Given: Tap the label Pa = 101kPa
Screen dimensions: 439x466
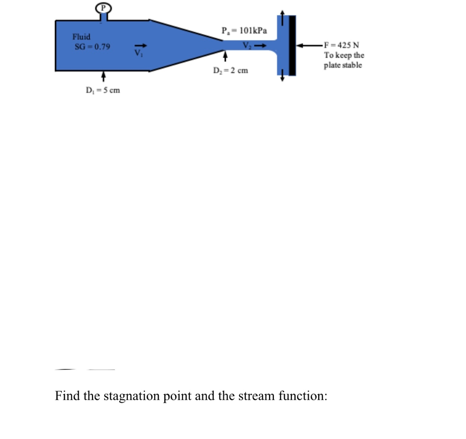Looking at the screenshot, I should [x=244, y=31].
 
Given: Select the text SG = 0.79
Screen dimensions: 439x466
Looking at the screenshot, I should [x=92, y=46].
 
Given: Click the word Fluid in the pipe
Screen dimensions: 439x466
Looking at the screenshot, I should [x=81, y=36].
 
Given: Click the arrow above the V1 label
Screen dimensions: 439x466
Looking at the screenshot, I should [x=141, y=45].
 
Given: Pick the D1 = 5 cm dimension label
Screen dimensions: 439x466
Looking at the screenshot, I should [x=103, y=90].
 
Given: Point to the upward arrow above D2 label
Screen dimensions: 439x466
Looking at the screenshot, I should [x=224, y=57].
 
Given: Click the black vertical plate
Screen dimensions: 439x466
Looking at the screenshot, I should [x=293, y=45].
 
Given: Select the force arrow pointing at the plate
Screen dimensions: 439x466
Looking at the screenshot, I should [x=309, y=45].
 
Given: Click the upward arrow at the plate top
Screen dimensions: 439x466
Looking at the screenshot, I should [x=283, y=18].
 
